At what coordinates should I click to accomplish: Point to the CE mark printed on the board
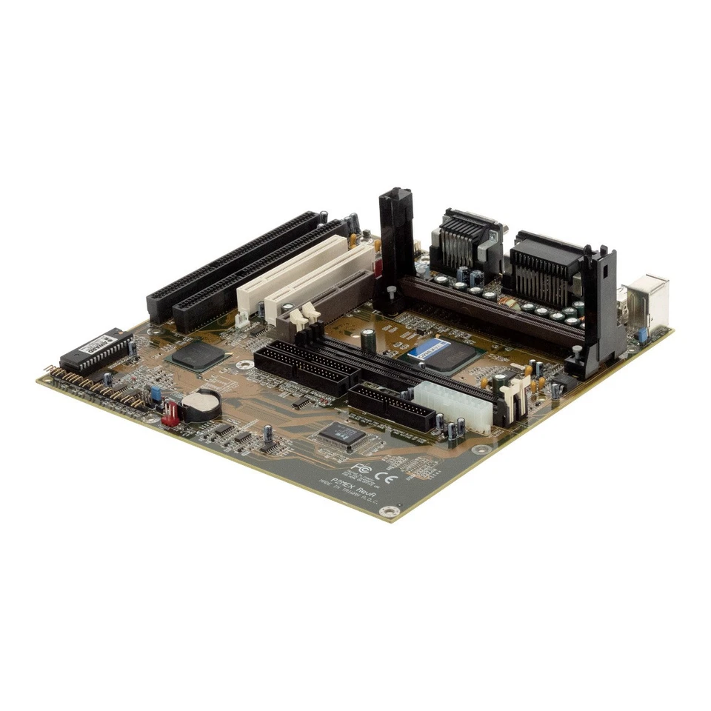pyautogui.click(x=387, y=476)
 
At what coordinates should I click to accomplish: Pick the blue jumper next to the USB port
pyautogui.click(x=641, y=335)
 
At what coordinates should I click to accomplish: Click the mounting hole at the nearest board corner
pyautogui.click(x=401, y=510)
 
